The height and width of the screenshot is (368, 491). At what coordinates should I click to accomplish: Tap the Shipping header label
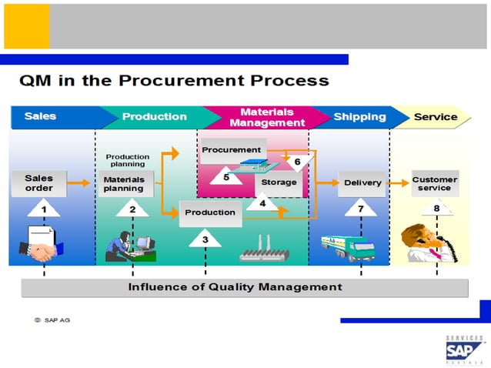click(x=359, y=117)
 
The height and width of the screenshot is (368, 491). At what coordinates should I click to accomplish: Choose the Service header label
click(x=435, y=117)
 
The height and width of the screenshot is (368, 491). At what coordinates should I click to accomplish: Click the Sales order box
click(x=38, y=183)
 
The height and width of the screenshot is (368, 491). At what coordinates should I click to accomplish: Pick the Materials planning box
click(x=125, y=183)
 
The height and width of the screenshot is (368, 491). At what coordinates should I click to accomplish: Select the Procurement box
click(x=232, y=149)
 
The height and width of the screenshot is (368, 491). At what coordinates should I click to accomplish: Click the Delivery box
click(x=362, y=183)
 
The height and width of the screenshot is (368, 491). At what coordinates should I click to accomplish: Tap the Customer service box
click(x=435, y=183)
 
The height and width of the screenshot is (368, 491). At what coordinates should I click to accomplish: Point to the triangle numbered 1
click(x=44, y=208)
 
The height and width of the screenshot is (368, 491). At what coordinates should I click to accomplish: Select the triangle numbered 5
click(x=226, y=176)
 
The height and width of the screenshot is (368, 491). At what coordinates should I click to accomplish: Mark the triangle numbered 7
click(x=360, y=208)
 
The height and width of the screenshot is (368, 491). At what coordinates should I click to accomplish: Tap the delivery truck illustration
click(x=348, y=246)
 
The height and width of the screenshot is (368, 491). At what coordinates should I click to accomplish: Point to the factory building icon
click(x=266, y=250)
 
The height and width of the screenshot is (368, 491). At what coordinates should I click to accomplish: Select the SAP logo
click(x=465, y=350)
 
